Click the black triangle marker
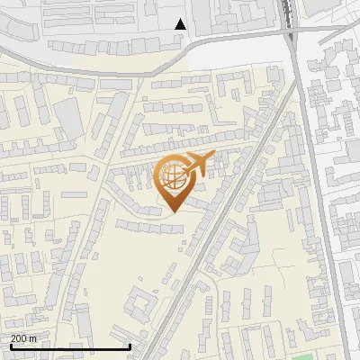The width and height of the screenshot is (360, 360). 180,24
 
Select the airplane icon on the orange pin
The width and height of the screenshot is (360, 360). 196,165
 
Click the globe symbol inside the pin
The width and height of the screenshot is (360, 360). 172,175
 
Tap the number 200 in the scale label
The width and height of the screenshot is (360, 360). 19,338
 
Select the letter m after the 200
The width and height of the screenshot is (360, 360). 33,338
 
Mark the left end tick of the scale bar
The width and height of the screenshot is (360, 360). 11,345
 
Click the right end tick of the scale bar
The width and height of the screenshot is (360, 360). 130,345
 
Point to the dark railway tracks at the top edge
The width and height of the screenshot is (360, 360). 288,9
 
